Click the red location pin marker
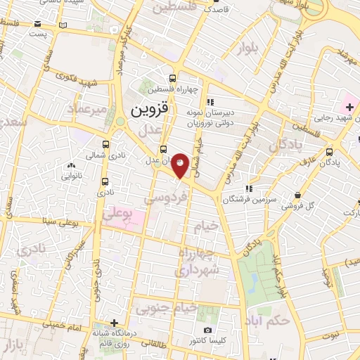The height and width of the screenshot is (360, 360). [x=181, y=165]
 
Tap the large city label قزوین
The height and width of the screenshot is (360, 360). [x=150, y=110]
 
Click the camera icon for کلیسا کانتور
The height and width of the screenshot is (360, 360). [x=207, y=330]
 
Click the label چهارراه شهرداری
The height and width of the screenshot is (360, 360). [x=198, y=261]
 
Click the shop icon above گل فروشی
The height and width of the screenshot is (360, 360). [x=300, y=195]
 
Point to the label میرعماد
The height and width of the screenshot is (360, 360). [x=86, y=110]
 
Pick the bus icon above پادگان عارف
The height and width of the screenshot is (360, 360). [x=330, y=151]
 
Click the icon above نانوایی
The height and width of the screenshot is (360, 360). [x=70, y=166]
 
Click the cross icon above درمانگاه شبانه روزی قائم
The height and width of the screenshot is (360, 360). [x=104, y=323]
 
